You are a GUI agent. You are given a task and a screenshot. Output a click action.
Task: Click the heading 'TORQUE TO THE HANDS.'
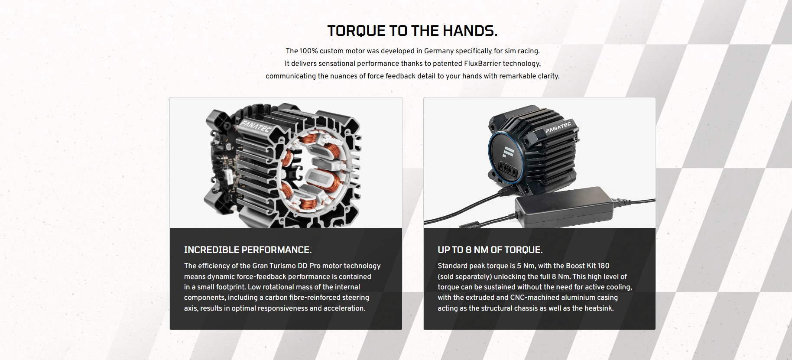pos(412,31)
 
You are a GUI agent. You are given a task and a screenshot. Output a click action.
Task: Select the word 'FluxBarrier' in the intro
pos(482,64)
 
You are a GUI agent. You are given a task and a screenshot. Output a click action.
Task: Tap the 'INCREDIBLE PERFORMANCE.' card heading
pos(248,250)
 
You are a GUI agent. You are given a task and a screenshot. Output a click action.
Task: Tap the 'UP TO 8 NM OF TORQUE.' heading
pos(490,250)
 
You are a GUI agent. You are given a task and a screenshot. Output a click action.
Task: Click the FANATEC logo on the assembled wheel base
pos(558,128)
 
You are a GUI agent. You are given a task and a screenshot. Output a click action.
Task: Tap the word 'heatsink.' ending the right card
pos(599,308)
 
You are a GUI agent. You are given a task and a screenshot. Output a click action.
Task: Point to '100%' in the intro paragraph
pos(308,51)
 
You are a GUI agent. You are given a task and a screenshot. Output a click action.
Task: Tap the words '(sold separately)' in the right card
pos(465,277)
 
